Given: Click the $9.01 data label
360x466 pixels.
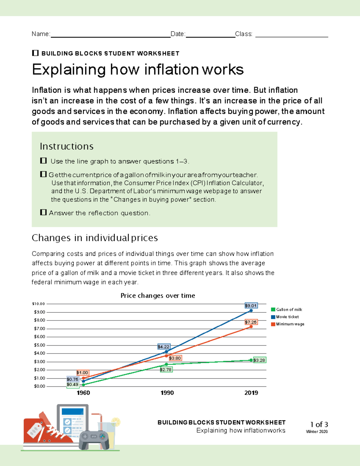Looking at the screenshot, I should coord(251,306).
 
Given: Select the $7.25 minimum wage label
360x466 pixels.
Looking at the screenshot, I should coord(251,322).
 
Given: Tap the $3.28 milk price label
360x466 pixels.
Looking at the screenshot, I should coord(259,360).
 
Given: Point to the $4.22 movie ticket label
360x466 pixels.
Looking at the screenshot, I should coord(163,347).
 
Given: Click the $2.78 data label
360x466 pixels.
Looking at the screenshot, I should coord(166,370).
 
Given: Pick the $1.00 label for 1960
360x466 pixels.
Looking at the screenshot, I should coord(82,373).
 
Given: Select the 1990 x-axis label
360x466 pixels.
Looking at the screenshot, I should coord(167,393).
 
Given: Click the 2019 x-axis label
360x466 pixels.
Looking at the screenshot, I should coord(251,393).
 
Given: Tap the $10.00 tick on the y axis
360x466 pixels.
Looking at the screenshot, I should coord(38,304).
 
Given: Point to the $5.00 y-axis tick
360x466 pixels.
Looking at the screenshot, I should coord(39,345).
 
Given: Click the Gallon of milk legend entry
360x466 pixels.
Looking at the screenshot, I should coord(289,309).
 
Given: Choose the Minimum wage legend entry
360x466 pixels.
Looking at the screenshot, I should coord(290,324).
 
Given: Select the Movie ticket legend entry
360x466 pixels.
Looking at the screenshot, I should coord(287,317).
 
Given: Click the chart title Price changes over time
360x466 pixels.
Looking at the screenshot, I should coord(158,296).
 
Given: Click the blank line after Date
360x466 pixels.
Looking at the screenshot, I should coord(210,36).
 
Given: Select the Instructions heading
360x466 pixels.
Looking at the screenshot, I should coord(67,146).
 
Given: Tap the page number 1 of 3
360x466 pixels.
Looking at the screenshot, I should coord(319,424).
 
